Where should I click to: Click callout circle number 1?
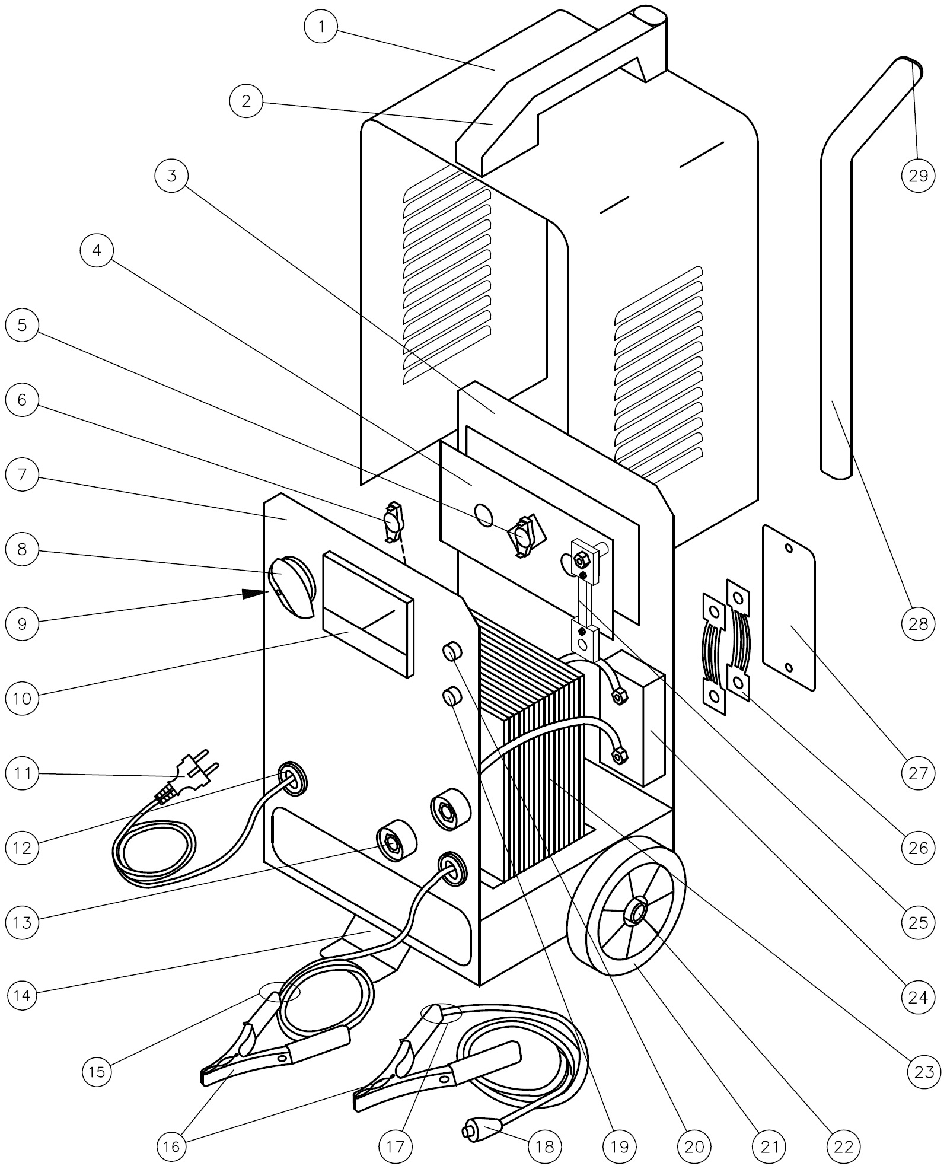(321, 27)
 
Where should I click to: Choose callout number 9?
(22, 624)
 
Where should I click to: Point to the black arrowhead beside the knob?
(254, 592)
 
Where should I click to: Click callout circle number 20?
(694, 1146)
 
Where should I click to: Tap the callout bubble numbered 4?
(96, 251)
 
